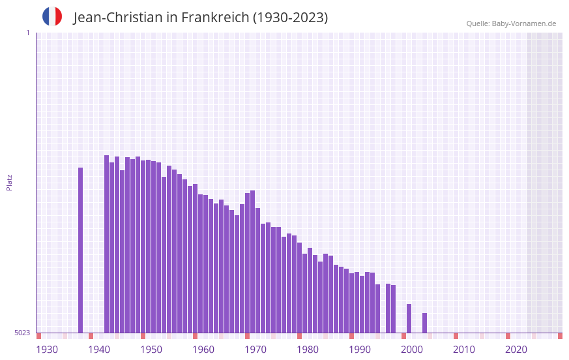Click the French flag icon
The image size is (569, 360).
[52, 16]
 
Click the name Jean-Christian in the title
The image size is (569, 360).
[118, 18]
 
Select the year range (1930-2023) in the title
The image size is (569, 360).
[290, 18]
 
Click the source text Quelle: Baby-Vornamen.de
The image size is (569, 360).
[511, 23]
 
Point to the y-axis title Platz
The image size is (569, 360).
[9, 182]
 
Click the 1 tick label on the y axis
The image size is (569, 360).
[27, 33]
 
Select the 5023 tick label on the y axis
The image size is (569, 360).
[23, 333]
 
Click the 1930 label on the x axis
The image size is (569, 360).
[47, 350]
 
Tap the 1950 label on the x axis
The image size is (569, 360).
[151, 350]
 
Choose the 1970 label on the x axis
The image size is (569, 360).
[255, 350]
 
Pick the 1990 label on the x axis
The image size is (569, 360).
[360, 350]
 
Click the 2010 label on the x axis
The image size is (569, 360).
[464, 350]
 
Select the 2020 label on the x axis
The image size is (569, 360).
[516, 350]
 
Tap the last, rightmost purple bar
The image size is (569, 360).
[424, 323]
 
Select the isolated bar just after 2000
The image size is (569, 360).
[424, 323]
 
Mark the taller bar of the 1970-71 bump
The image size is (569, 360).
[252, 261]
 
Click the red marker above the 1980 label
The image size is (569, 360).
[299, 336]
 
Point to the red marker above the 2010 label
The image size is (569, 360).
[456, 336]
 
